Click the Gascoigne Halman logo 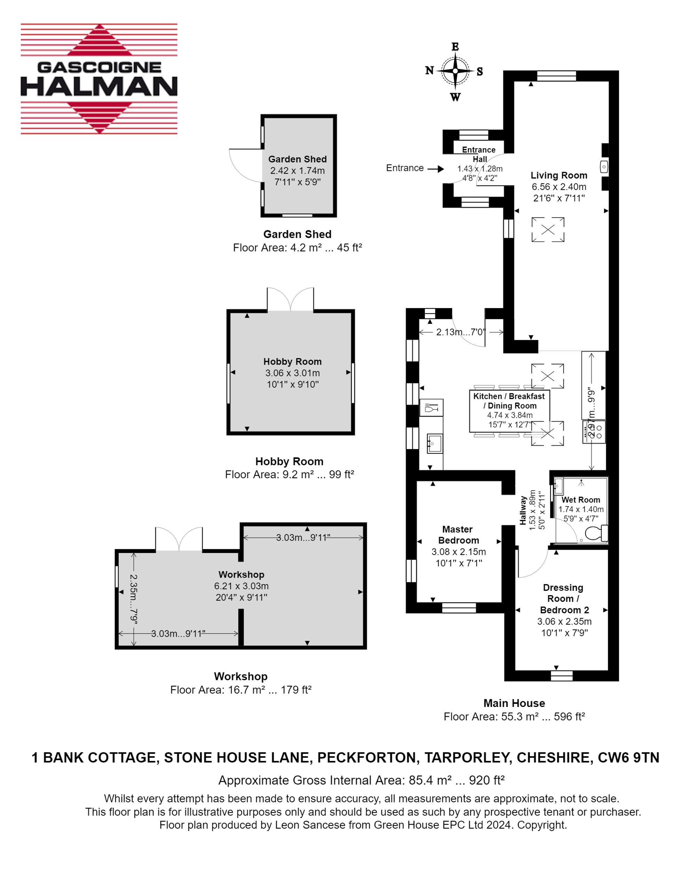pyautogui.click(x=99, y=79)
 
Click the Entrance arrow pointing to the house pyautogui.click(x=436, y=169)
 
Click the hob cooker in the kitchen pyautogui.click(x=594, y=432)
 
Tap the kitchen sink pyautogui.click(x=434, y=444)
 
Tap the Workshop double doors pyautogui.click(x=179, y=539)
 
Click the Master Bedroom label pyautogui.click(x=458, y=535)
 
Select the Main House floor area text pyautogui.click(x=514, y=717)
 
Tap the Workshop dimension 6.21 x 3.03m pyautogui.click(x=241, y=586)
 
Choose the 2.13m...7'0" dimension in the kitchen pyautogui.click(x=461, y=332)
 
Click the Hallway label pyautogui.click(x=523, y=510)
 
